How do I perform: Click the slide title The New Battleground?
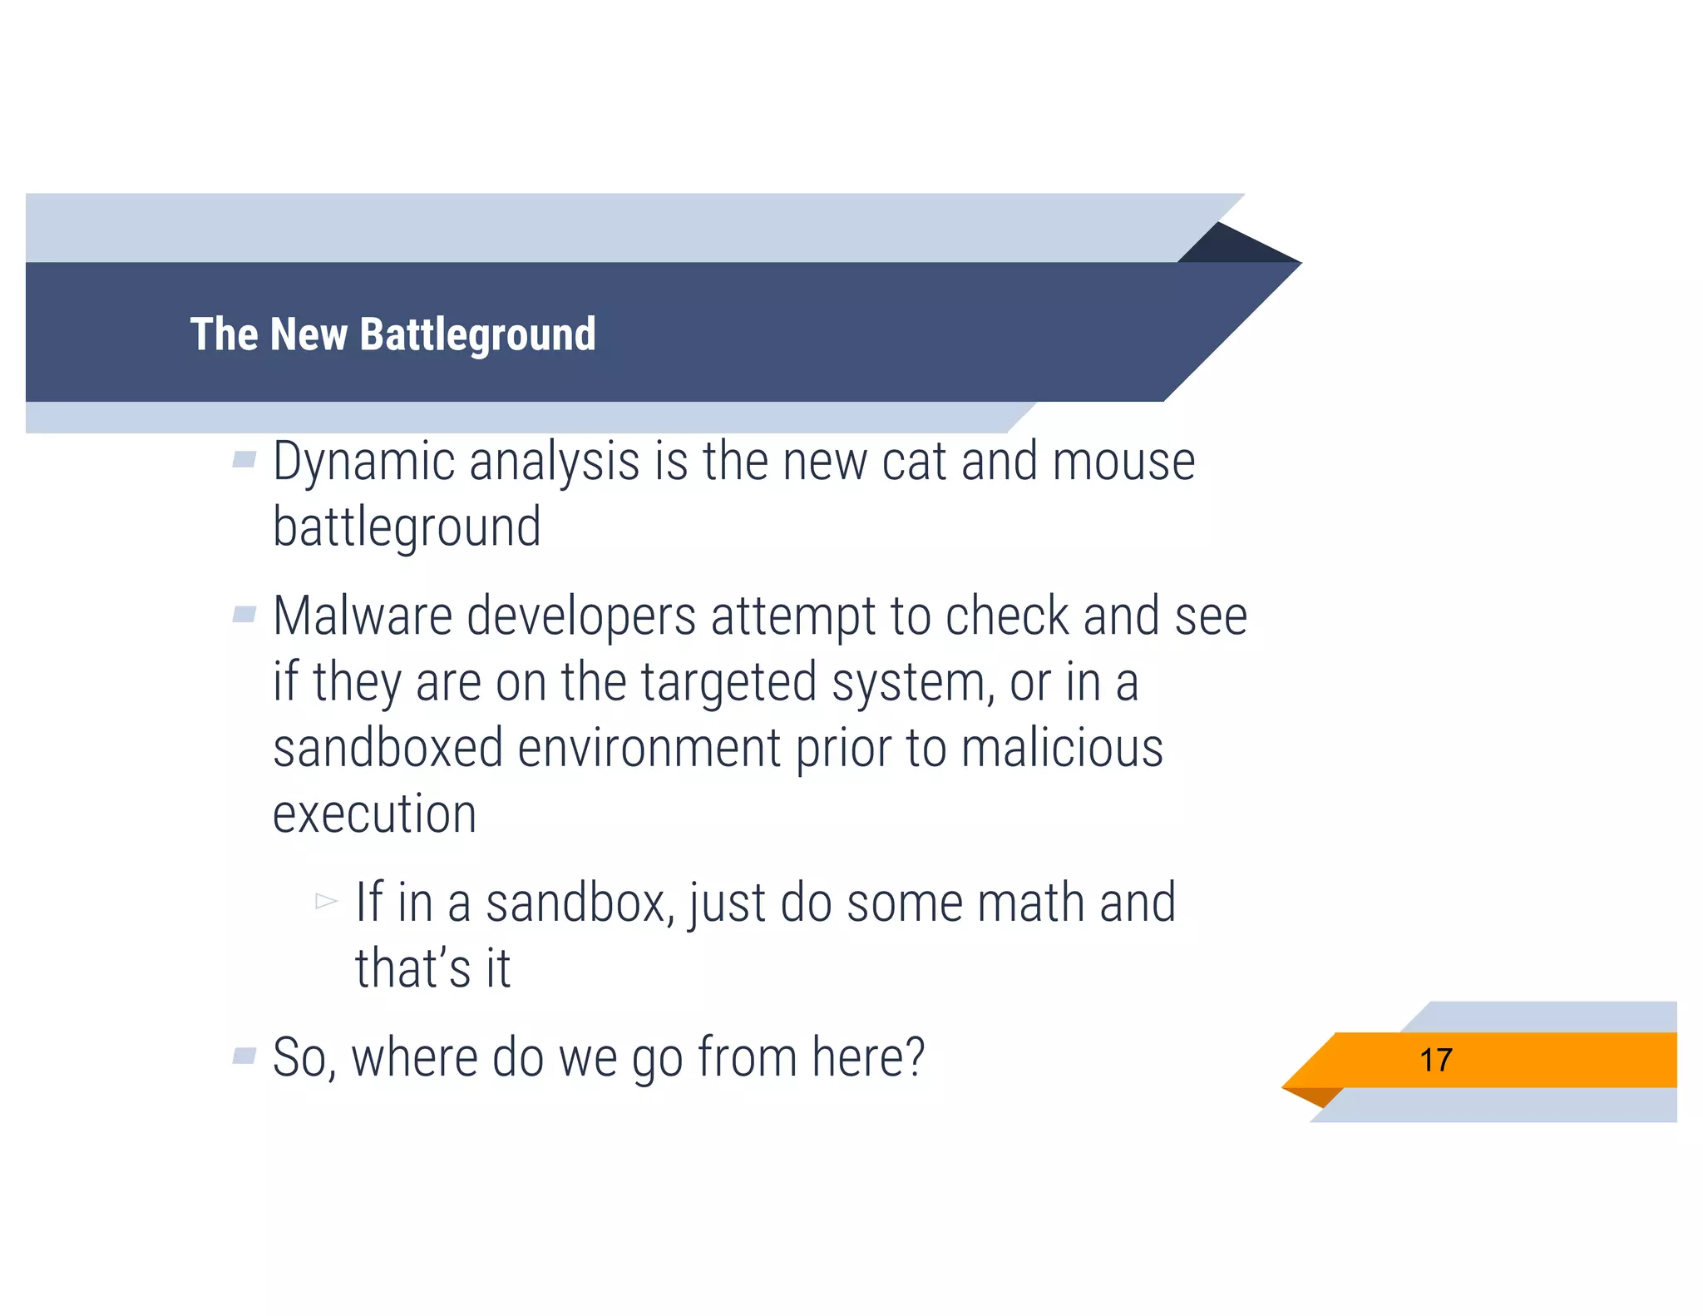(x=392, y=334)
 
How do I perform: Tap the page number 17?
(x=1436, y=1061)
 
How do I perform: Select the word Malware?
(x=363, y=617)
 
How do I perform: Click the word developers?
(x=580, y=617)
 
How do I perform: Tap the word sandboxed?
(x=387, y=748)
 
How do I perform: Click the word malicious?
(x=1062, y=748)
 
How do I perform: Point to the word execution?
(x=374, y=814)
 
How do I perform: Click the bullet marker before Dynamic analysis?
(x=244, y=459)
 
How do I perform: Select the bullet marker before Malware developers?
(x=244, y=615)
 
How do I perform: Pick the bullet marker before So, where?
(x=244, y=1056)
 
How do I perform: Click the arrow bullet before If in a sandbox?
(x=326, y=901)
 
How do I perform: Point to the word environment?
(x=649, y=748)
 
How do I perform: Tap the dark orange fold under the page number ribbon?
(x=1318, y=1096)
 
